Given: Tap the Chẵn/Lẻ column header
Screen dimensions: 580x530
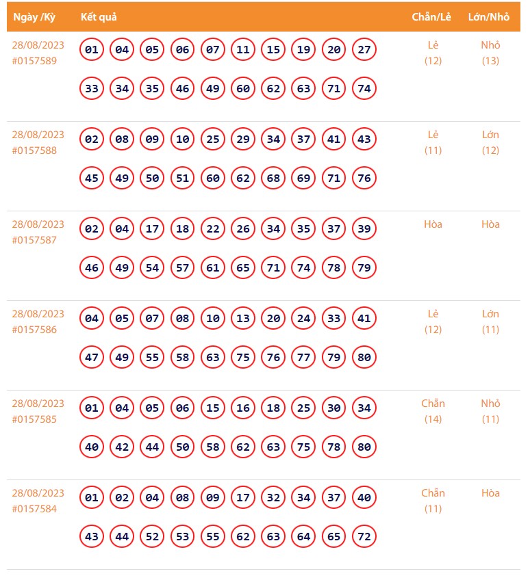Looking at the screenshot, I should tap(431, 17).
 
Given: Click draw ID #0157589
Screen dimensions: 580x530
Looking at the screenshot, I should tap(34, 61).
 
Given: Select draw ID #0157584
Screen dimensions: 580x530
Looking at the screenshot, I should tap(34, 509).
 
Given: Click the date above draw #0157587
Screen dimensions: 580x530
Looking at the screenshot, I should tap(38, 224).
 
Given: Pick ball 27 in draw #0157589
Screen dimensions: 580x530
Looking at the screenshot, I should tap(364, 50).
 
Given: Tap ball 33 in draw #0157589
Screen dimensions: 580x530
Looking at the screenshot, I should tap(92, 89).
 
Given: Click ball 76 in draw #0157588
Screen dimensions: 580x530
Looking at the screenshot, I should tap(364, 179).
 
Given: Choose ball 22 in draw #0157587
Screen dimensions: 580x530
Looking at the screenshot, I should tap(213, 229).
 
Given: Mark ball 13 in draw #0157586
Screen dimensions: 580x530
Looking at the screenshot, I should tap(243, 319).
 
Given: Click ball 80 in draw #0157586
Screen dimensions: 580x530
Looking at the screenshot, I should tap(364, 358).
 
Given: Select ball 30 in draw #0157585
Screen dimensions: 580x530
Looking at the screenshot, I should tap(334, 408).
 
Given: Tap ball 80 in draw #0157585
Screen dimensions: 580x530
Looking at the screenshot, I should tap(364, 447).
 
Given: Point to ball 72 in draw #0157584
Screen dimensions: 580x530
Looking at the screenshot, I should tap(364, 537).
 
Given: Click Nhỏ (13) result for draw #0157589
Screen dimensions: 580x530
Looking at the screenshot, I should tap(490, 53).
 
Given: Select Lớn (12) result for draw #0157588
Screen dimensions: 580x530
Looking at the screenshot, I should tap(490, 142).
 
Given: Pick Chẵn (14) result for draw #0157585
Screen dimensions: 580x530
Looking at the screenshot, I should tap(433, 411).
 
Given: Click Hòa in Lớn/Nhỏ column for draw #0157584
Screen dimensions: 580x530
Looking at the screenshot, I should tap(490, 493).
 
